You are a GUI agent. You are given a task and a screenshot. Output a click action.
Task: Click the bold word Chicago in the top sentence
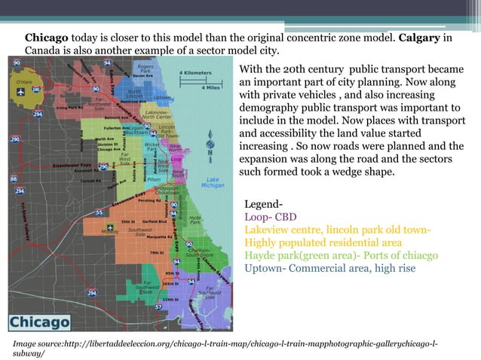click(x=47, y=38)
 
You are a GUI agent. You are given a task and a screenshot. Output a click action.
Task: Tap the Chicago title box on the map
click(x=40, y=320)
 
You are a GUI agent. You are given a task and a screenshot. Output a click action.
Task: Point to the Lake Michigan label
click(x=213, y=182)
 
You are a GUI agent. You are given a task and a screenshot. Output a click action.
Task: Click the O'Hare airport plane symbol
click(x=19, y=90)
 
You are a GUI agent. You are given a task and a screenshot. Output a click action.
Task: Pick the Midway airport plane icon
click(x=111, y=226)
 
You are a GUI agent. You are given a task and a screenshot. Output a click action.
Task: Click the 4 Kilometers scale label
click(x=198, y=74)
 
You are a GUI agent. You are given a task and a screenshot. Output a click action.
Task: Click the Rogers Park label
click(x=147, y=68)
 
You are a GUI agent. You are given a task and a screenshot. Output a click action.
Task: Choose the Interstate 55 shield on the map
click(x=99, y=212)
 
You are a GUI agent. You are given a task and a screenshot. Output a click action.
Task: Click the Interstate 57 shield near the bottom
click(x=158, y=307)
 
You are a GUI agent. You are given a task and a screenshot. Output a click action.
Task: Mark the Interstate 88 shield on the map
click(x=14, y=179)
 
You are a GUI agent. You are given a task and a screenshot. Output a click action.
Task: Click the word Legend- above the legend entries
click(x=264, y=204)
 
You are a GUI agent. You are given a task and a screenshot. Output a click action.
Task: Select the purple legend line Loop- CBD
click(x=271, y=217)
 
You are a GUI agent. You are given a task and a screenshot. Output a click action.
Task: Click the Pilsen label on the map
click(x=155, y=179)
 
